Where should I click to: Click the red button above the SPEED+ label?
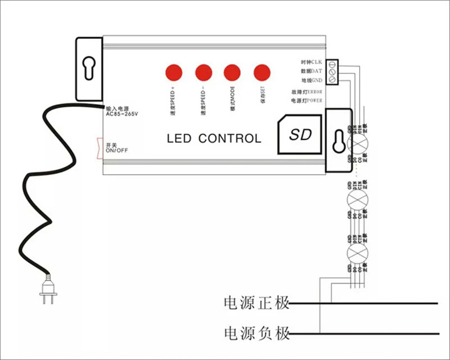pyautogui.click(x=173, y=72)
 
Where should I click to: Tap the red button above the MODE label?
pyautogui.click(x=232, y=72)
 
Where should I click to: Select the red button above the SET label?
pyautogui.click(x=261, y=72)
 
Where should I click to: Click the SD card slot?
pyautogui.click(x=301, y=135)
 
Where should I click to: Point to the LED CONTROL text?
pyautogui.click(x=214, y=138)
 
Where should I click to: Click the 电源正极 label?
pyautogui.click(x=257, y=302)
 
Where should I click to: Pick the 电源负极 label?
pyautogui.click(x=257, y=333)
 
